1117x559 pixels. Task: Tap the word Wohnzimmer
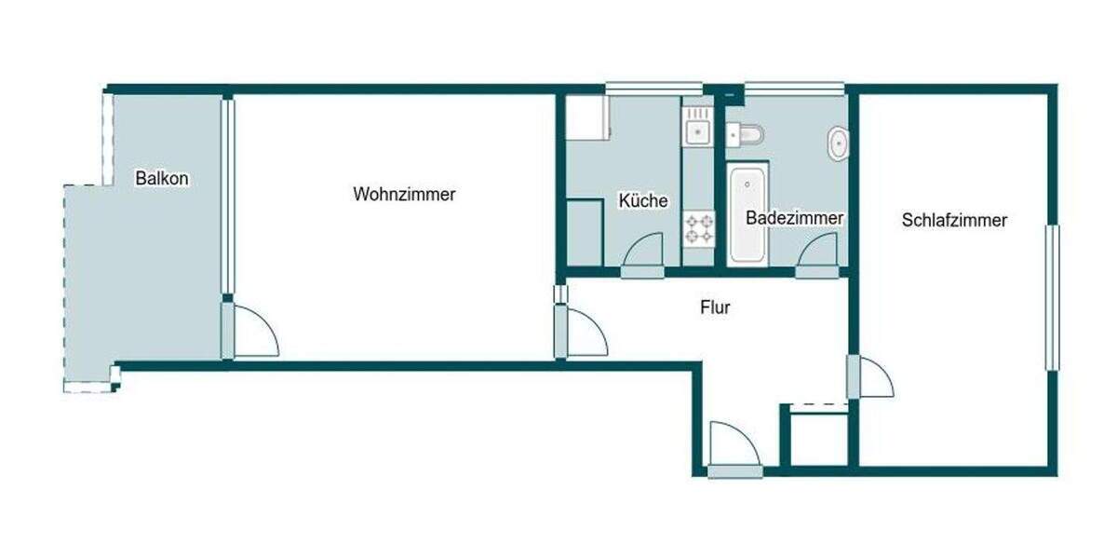click(404, 195)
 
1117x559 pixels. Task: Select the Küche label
click(643, 200)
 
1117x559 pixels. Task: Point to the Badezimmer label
click(795, 218)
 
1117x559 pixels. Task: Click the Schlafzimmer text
click(954, 221)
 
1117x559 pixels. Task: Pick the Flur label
click(715, 307)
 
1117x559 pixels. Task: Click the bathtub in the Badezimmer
click(747, 214)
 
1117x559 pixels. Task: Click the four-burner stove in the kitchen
click(699, 229)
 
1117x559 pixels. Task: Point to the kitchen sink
click(697, 131)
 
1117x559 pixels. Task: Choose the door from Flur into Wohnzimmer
click(583, 334)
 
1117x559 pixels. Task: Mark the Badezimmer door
click(818, 252)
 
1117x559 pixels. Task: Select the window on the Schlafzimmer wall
click(1051, 297)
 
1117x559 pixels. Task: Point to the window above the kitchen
click(641, 89)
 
